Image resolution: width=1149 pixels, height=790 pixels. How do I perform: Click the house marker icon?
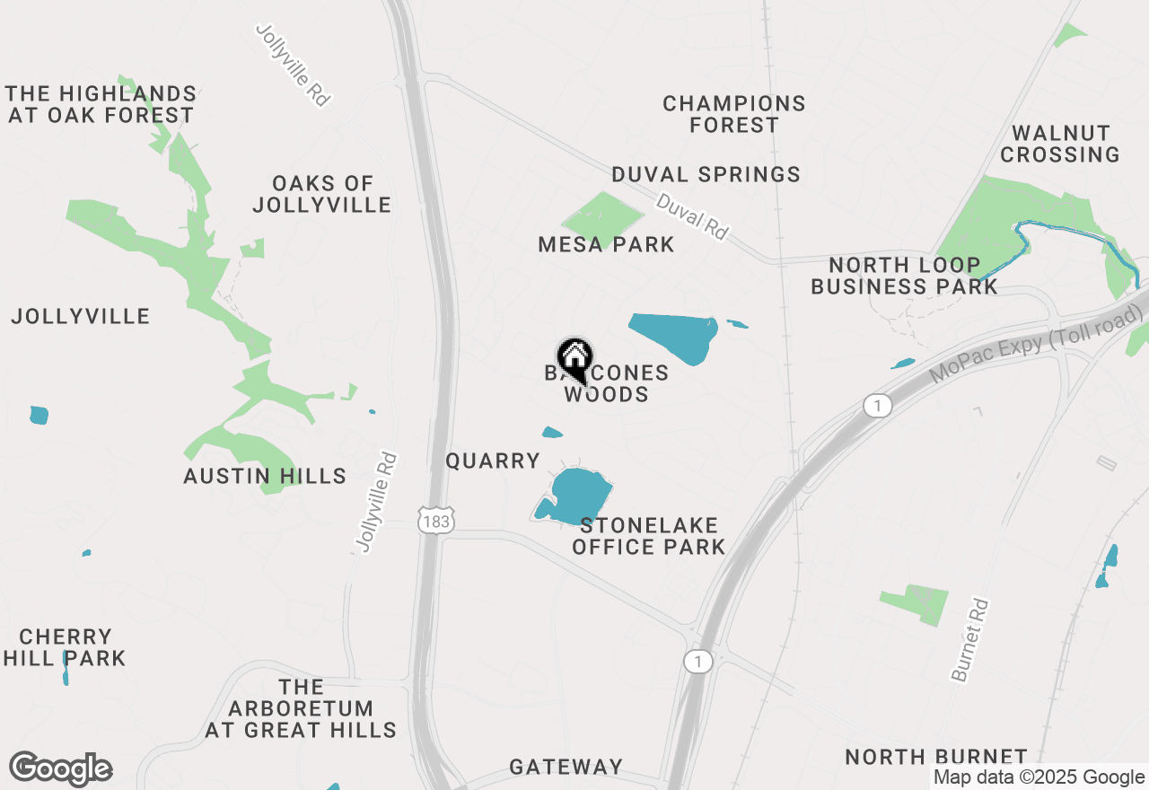point(574,358)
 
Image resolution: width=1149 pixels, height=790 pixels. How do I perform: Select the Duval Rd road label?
point(691,216)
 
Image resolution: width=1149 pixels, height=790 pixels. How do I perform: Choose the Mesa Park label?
point(606,244)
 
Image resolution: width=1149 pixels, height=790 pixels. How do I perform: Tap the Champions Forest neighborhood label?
point(734,114)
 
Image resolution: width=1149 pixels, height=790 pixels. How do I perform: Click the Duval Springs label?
point(706,174)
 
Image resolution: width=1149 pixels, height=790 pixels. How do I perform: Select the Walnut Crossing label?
point(1060,144)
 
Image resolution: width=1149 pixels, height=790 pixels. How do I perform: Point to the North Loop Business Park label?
point(904,276)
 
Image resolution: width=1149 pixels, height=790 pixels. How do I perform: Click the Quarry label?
point(493,461)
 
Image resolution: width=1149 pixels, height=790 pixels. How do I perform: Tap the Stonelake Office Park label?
point(648,535)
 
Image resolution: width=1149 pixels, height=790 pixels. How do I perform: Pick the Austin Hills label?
point(265,476)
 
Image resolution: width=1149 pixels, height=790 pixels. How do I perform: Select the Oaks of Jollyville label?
point(322,194)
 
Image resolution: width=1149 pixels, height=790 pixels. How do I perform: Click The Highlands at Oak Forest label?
point(101,104)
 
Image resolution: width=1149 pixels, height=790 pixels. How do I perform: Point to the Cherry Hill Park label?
point(65,647)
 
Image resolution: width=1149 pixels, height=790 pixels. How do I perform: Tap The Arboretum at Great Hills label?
point(301,708)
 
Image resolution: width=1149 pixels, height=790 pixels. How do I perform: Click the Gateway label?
point(566,767)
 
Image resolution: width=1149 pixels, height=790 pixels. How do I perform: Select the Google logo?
point(61,769)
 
